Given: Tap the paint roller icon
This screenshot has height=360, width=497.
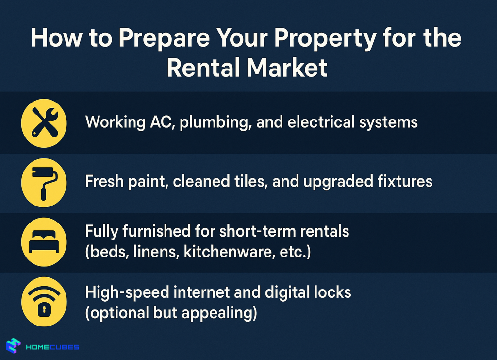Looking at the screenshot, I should coord(44,182).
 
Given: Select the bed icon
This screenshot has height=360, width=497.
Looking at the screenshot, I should coord(44,242).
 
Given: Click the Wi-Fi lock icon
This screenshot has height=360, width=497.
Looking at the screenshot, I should coord(44,302).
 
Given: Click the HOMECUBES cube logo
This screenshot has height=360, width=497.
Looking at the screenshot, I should coord(14,346).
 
